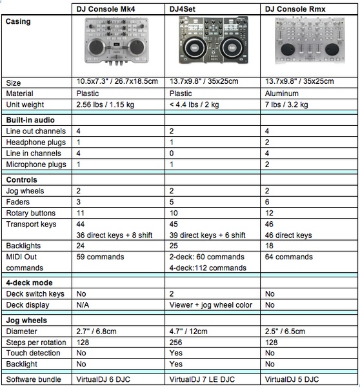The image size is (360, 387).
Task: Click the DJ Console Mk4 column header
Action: point(105,9)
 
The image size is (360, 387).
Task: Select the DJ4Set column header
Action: point(182,9)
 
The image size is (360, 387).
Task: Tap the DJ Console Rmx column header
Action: point(295,9)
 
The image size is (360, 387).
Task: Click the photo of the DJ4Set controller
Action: point(214,40)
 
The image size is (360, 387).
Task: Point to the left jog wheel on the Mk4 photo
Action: point(96,47)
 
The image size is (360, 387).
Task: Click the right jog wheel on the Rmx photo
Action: point(332,50)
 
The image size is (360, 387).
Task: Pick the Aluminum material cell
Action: point(281,94)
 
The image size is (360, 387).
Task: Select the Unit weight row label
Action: point(25,104)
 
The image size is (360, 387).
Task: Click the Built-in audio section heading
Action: point(30,120)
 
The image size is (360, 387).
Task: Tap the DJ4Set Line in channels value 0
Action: point(172,154)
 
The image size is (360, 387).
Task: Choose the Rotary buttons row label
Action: point(30,213)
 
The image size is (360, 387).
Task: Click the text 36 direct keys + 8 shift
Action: point(114,235)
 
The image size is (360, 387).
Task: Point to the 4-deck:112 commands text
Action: point(208,268)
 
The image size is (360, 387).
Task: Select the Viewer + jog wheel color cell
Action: point(210,305)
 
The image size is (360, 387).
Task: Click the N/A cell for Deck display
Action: point(83,305)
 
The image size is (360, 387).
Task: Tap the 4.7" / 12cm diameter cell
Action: point(188,332)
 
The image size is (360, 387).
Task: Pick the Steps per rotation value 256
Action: point(175,342)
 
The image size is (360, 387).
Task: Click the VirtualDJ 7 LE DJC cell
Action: point(202,379)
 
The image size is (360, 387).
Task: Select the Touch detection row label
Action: point(33,353)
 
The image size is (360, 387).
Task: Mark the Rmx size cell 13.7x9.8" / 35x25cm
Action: point(299,81)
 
